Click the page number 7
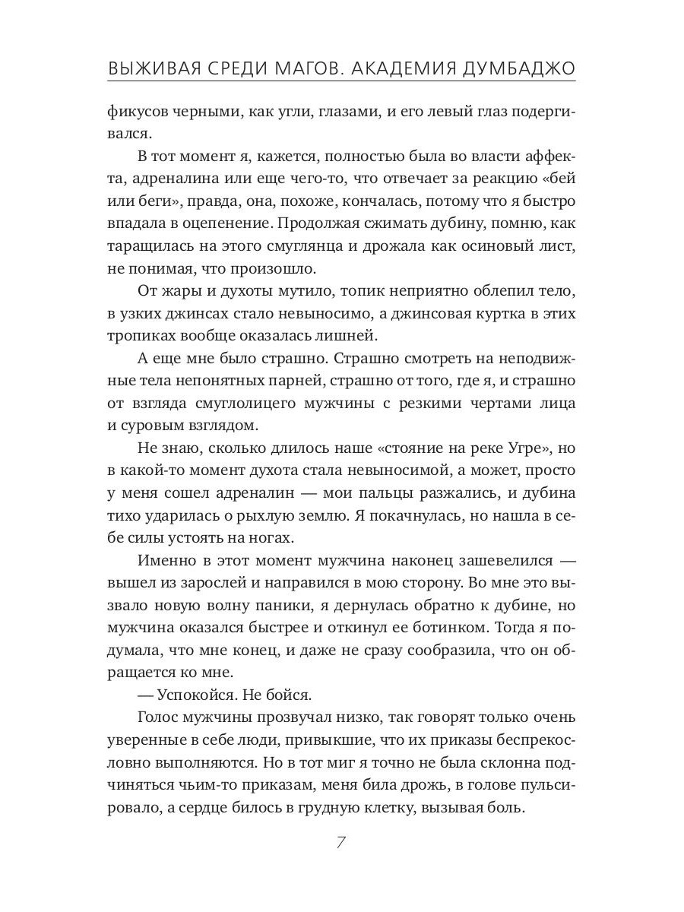coord(341,843)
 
